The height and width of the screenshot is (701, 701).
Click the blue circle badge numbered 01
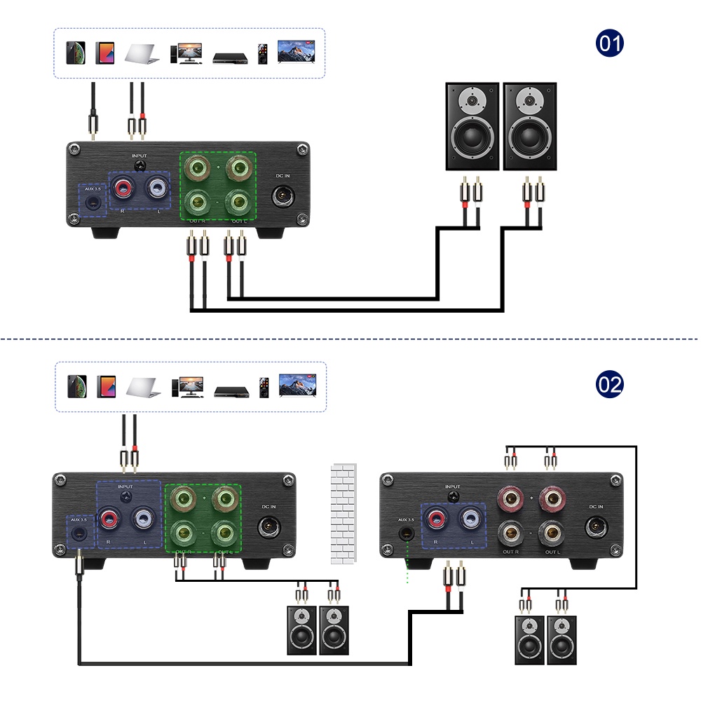(609, 44)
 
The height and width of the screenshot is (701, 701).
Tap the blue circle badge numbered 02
(609, 384)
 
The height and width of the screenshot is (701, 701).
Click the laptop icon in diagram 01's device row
(142, 53)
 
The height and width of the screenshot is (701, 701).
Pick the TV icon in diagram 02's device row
(297, 385)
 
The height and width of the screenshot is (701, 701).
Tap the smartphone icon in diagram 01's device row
(75, 53)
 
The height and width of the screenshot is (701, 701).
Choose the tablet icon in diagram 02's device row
(107, 386)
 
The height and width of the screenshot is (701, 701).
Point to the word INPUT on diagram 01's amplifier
(139, 155)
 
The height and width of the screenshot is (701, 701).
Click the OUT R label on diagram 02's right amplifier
(511, 552)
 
